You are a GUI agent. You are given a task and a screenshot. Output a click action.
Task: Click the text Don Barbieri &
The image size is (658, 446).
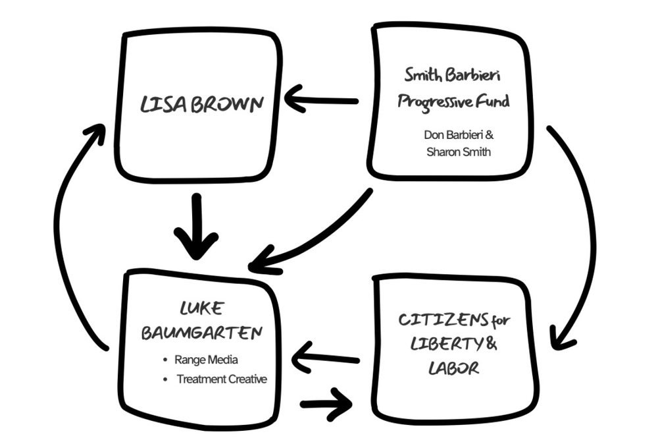click(458, 134)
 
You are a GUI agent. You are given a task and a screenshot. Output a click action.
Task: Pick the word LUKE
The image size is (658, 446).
click(201, 308)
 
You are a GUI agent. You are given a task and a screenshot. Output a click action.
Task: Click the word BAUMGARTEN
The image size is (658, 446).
click(201, 333)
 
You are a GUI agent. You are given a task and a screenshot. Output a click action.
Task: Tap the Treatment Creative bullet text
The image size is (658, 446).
click(222, 379)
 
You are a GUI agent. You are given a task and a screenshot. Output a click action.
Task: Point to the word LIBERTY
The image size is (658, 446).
click(438, 344)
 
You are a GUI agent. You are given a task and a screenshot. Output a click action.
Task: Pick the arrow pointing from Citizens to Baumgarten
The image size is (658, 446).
click(326, 359)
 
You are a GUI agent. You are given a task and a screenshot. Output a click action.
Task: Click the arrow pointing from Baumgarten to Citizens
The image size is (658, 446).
click(326, 403)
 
